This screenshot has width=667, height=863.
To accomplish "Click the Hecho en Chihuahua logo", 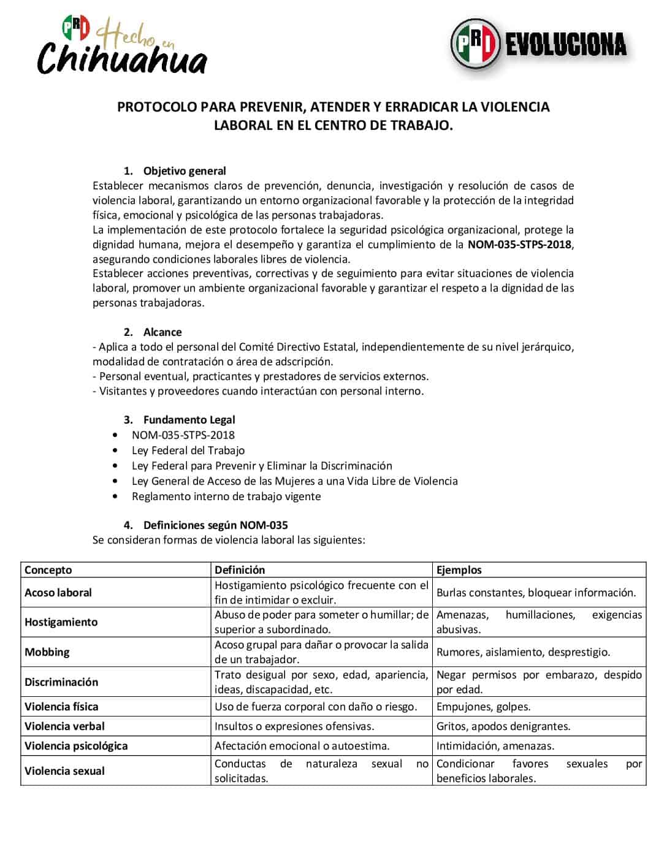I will [x=122, y=47].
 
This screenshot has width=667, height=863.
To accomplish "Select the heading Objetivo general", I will [x=184, y=171].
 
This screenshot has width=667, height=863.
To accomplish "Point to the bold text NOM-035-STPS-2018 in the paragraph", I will [x=519, y=245].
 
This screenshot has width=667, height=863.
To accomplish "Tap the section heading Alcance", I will [x=162, y=332].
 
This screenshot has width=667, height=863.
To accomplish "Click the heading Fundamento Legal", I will [x=189, y=420].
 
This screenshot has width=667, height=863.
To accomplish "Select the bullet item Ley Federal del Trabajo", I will [x=188, y=451].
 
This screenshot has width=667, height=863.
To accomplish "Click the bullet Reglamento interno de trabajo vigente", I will [x=226, y=496].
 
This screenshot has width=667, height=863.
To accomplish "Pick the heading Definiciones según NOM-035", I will [x=215, y=525].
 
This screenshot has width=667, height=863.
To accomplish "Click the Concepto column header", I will [x=48, y=570].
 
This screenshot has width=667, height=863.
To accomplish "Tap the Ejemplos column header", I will [x=459, y=570].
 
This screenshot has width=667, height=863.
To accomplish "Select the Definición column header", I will [x=240, y=570].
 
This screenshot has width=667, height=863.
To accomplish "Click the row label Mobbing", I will [x=47, y=652].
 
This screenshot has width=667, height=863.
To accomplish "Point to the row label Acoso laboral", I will [x=58, y=593].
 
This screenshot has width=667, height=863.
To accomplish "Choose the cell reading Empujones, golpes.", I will [x=483, y=707].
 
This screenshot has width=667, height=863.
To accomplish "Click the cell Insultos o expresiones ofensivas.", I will [x=294, y=726].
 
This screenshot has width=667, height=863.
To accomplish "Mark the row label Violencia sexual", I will [x=64, y=771].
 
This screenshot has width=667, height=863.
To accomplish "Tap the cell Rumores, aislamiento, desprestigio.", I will [x=523, y=652].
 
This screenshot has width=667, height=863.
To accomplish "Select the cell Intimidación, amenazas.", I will [x=495, y=746].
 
